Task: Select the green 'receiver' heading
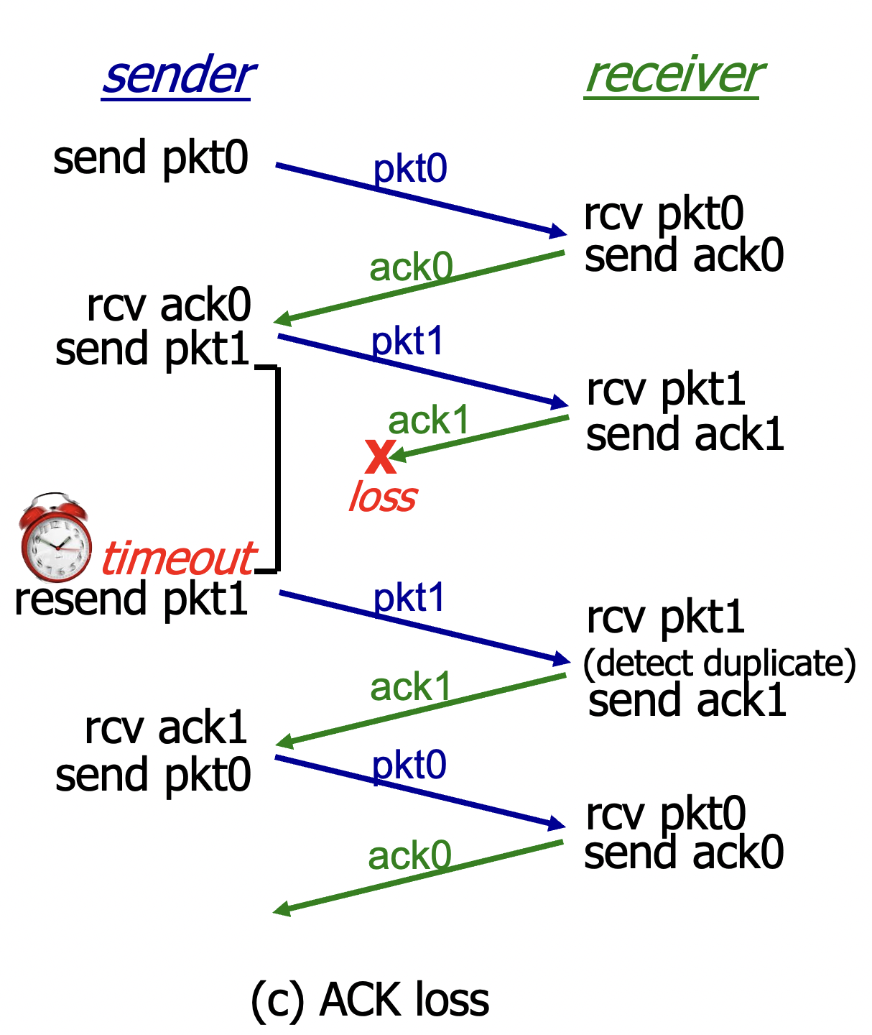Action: pos(674,76)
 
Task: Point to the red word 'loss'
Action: pos(382,497)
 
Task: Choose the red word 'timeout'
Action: pos(178,558)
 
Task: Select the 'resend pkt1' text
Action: pos(131,599)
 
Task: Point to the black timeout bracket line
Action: pos(277,467)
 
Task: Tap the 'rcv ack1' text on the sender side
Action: pos(166,727)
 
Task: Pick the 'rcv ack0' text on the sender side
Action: pos(169,305)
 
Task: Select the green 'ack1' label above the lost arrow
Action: pos(428,420)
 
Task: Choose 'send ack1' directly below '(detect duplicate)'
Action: pos(687,701)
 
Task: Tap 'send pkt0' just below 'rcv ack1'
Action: pos(153,775)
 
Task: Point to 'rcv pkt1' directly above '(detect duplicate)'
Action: pos(665,617)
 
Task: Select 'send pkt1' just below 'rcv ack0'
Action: pos(152,349)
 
